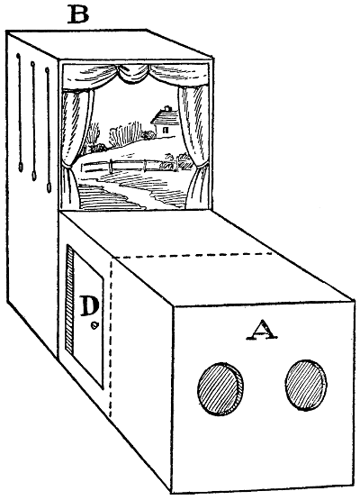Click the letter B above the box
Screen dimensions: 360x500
point(77,14)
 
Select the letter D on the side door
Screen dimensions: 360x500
point(89,305)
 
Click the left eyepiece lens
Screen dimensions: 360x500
point(220,388)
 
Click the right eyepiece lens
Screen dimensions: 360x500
point(305,385)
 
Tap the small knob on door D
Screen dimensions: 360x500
point(94,325)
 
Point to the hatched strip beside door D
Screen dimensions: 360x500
point(69,299)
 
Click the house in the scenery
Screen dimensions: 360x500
point(165,123)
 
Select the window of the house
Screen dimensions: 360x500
point(166,130)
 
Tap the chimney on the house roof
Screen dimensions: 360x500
point(168,108)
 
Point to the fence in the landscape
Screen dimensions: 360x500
point(129,165)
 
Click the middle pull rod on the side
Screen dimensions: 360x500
point(33,121)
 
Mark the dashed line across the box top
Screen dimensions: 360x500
point(192,255)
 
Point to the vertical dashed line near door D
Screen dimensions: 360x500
point(112,338)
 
